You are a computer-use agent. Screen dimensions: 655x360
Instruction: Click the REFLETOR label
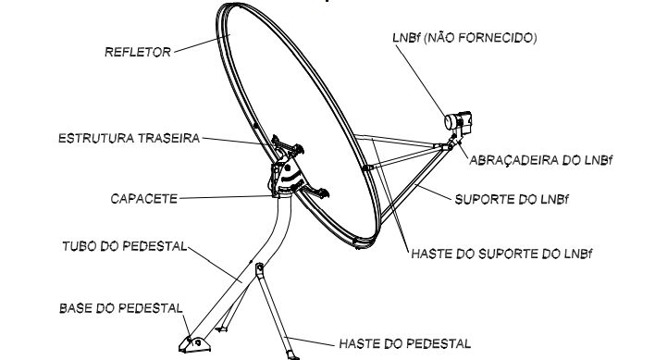(138, 52)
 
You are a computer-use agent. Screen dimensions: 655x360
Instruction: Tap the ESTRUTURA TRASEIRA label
(129, 138)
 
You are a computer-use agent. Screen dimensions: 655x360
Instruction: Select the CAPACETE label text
(143, 199)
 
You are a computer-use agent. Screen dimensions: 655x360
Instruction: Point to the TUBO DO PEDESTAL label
(125, 246)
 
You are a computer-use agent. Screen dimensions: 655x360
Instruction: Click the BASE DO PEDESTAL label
(120, 308)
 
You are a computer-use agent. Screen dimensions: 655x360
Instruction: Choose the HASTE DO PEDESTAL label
(405, 343)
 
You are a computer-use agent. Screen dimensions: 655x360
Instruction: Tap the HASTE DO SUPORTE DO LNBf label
(501, 254)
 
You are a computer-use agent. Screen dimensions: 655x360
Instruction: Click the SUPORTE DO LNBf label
(512, 199)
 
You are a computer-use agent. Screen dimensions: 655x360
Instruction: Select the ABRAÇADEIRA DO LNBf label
(540, 160)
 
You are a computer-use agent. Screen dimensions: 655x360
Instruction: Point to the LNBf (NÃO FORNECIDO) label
(464, 38)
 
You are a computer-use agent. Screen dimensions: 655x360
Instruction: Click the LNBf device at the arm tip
(458, 121)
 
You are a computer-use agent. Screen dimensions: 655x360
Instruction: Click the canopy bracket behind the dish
(288, 174)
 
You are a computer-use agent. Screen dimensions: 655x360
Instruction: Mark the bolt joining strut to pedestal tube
(259, 267)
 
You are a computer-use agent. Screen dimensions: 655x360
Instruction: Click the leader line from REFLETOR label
(203, 43)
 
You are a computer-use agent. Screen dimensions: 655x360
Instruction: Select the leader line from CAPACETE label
(226, 197)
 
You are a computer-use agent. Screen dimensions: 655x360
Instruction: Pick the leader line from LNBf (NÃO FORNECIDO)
(421, 80)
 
